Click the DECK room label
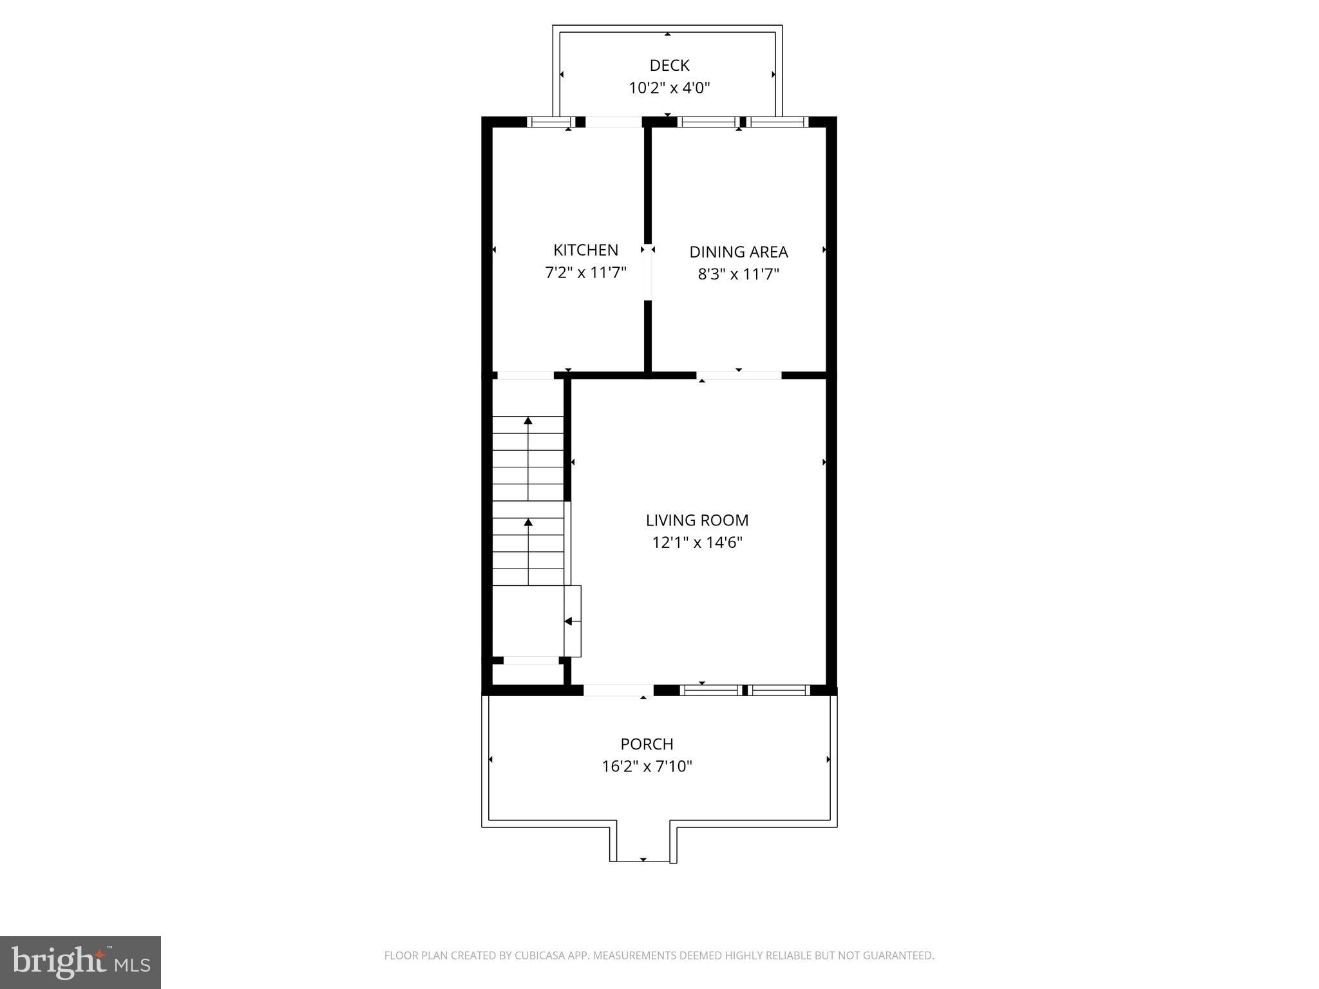pos(669,65)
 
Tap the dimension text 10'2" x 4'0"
pos(669,88)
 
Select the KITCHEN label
pos(585,250)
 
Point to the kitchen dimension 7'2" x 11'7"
pos(585,273)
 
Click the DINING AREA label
pos(738,252)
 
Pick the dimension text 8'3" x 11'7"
pos(738,275)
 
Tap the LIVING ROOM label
pos(697,520)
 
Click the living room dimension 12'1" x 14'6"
pos(697,543)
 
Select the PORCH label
pos(647,744)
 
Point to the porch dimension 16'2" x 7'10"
pos(647,767)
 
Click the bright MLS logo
pos(81,963)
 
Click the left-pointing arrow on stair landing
pos(568,621)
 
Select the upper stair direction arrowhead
pos(528,421)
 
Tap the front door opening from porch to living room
pos(618,690)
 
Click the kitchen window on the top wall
pos(551,122)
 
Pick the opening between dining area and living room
pos(739,375)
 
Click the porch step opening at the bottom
pos(643,860)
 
